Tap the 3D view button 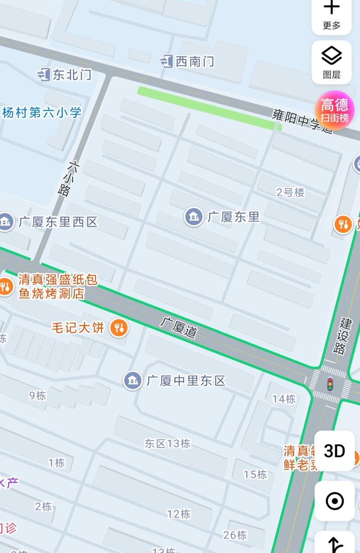coord(334,451)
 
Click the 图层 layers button coord(331,62)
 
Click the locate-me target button coord(334,501)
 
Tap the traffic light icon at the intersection coord(330,384)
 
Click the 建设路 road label coord(340,335)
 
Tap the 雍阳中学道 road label coord(302,121)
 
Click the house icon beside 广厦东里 coord(194,217)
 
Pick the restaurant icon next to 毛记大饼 coord(119,328)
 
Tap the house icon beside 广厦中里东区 coord(133,380)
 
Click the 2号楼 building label coord(290,193)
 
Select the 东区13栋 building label coord(167,443)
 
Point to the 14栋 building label coord(284,399)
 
